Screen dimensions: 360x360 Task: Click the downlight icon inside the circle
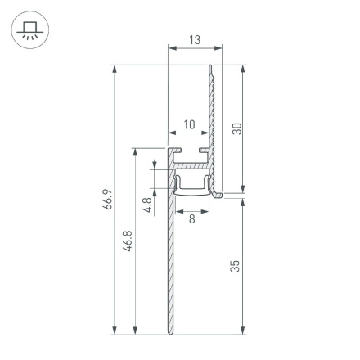pos(29,30)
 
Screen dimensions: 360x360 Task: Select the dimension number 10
pos(189,124)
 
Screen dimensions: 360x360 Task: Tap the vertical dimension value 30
pos(236,129)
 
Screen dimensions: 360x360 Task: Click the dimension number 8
pos(191,218)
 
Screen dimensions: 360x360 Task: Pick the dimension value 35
pos(236,265)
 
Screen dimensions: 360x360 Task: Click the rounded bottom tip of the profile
pos(169,332)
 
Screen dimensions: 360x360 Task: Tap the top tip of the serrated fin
pos(210,67)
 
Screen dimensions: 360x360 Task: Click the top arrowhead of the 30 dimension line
pos(243,69)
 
